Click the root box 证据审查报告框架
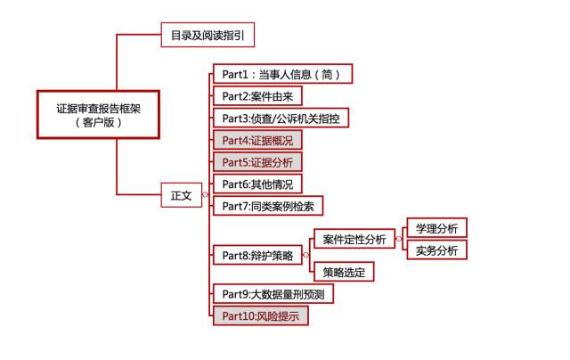click(99, 115)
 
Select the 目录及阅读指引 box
click(206, 36)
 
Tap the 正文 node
click(181, 194)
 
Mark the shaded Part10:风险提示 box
click(260, 315)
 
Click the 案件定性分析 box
click(354, 239)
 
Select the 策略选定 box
click(343, 272)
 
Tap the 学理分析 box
click(436, 228)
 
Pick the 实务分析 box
click(436, 250)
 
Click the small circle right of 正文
click(206, 194)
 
